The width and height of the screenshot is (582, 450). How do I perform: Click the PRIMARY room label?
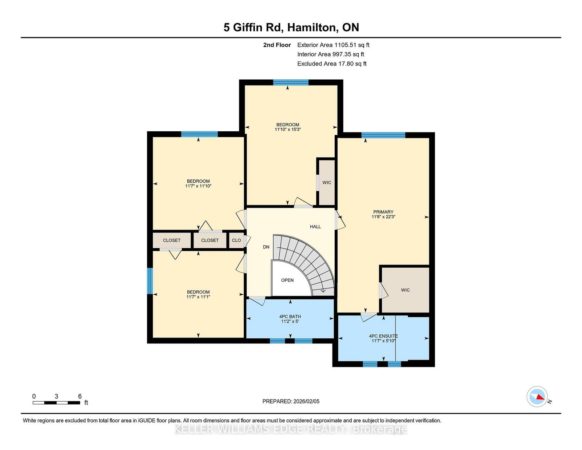(x=383, y=212)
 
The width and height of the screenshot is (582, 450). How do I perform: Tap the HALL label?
(x=315, y=227)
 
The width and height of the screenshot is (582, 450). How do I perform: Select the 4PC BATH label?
(x=290, y=316)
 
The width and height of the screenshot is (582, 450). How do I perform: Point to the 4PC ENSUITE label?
(x=383, y=336)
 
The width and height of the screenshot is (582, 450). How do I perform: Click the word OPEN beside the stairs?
(x=287, y=280)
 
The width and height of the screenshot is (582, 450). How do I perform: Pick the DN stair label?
(x=266, y=247)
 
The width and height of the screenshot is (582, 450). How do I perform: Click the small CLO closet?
(x=236, y=240)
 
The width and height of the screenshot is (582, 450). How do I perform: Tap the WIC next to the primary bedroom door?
(x=405, y=290)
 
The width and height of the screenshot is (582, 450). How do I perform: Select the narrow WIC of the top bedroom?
(x=327, y=182)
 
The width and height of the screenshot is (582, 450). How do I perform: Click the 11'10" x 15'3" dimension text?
(x=288, y=130)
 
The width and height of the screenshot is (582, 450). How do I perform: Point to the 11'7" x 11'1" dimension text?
(x=198, y=297)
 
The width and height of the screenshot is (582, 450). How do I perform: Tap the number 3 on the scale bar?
(x=56, y=396)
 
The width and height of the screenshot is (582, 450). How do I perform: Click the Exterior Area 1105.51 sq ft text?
(x=333, y=45)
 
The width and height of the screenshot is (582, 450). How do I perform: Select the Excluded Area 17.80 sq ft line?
(x=332, y=64)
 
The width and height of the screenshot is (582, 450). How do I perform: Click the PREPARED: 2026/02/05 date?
(x=291, y=401)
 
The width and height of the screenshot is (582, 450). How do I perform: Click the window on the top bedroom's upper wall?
(x=291, y=82)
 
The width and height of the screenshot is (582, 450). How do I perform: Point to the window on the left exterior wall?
(x=150, y=281)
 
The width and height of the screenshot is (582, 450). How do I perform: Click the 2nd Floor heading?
(x=277, y=45)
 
